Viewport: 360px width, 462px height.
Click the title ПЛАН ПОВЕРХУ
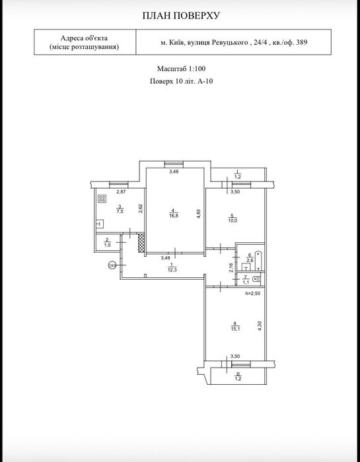point(181,16)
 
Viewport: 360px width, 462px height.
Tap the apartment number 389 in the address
point(302,43)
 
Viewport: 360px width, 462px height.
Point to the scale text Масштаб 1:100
point(181,69)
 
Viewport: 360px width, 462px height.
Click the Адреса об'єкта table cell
point(85,42)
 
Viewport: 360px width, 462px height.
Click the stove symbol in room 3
point(102,199)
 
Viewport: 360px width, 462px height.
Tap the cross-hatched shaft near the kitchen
point(141,243)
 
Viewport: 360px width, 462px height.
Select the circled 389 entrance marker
point(112,265)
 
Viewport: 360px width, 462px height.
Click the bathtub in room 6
point(258,261)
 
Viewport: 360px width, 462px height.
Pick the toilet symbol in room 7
point(257,279)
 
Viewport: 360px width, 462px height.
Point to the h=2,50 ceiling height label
point(252,294)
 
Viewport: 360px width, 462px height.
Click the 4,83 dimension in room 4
point(199,214)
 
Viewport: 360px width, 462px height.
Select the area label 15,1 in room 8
point(235,329)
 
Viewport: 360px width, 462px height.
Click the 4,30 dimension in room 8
point(260,326)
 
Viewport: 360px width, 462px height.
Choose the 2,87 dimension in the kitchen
point(120,192)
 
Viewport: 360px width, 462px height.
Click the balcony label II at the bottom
point(237,374)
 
